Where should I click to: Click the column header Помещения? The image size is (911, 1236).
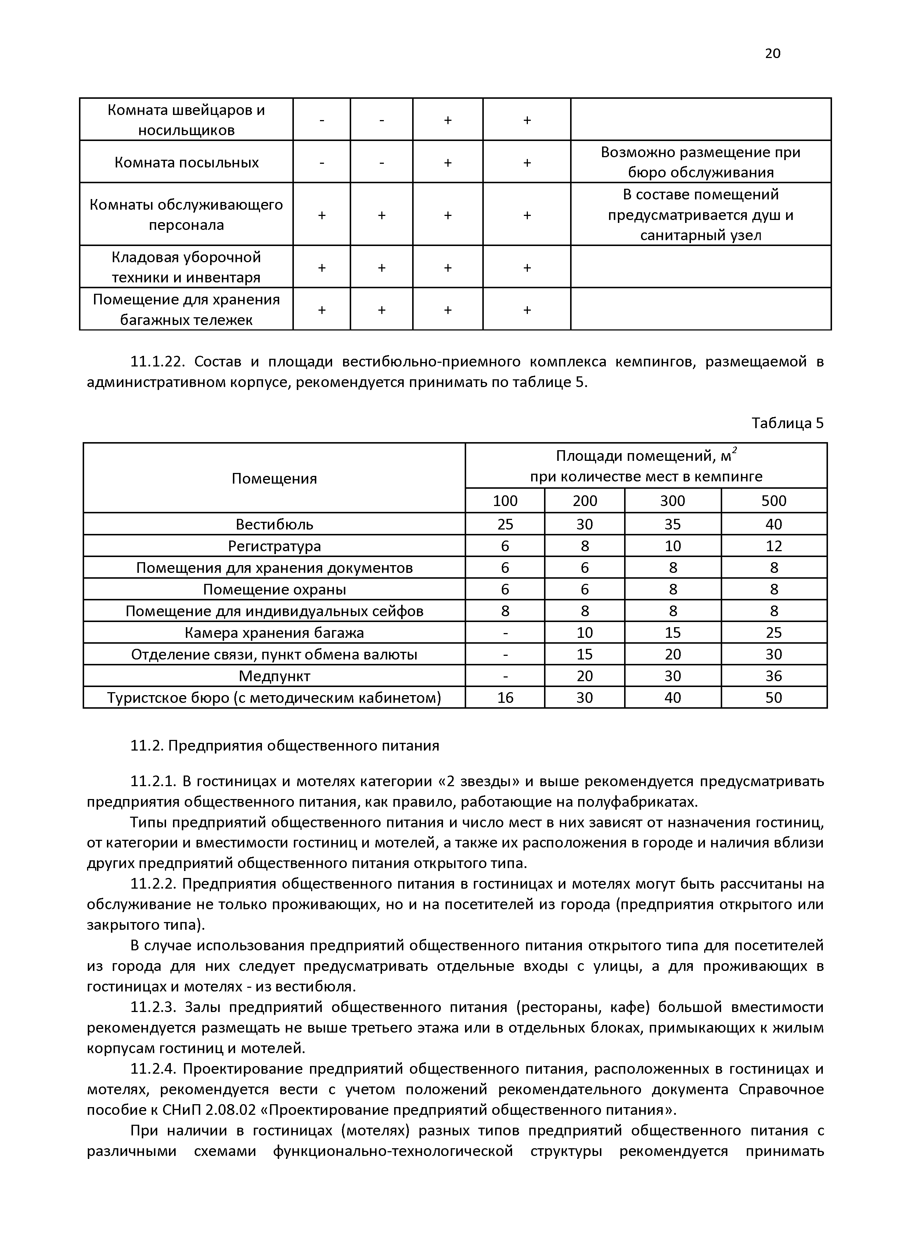tap(274, 478)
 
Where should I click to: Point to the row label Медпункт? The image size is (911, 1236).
tap(274, 676)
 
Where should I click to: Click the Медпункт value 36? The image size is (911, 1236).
tap(773, 676)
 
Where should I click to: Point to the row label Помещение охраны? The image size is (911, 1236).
tap(274, 589)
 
